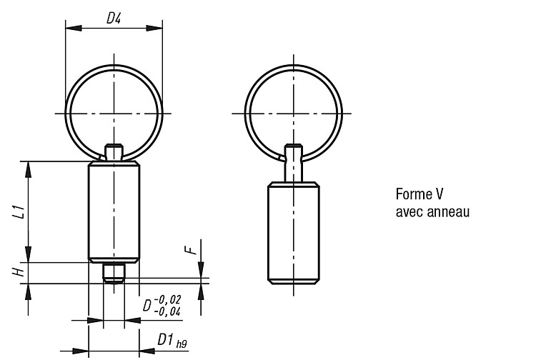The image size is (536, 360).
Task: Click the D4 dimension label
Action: pos(114,18)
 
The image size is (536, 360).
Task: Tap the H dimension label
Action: pos(19,272)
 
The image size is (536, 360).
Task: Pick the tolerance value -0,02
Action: pos(167,300)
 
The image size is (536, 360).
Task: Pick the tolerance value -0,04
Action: pos(167,311)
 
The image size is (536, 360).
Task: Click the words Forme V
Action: pos(420,194)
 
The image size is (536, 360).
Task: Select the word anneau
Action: pos(449,211)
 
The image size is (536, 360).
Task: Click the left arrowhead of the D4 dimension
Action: pos(74,28)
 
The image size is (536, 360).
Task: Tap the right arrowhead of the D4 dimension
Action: pos(154,28)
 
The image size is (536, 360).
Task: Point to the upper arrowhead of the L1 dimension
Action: pos(29,169)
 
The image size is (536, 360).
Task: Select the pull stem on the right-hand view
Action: pos(294,164)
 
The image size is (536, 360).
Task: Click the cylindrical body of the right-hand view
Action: pos(294,233)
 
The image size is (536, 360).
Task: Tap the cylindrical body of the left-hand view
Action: pos(114,211)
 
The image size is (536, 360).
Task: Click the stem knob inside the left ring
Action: pos(114,152)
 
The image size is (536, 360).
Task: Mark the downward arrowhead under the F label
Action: pos(201,270)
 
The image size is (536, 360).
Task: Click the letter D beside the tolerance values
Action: pos(147,305)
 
